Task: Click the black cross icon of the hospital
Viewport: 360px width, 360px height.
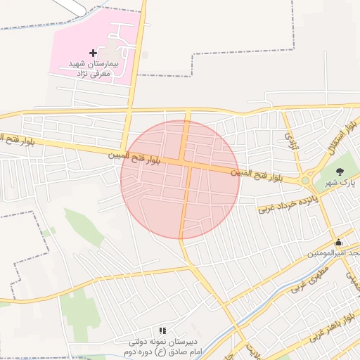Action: (x=93, y=53)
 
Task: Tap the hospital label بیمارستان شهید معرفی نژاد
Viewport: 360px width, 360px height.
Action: (x=95, y=67)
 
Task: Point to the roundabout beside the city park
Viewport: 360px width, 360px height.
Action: (x=306, y=181)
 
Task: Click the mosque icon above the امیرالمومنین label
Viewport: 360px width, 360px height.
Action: (x=339, y=242)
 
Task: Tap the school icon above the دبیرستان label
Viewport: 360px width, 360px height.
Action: (x=162, y=330)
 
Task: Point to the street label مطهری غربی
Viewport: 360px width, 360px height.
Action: (x=309, y=277)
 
